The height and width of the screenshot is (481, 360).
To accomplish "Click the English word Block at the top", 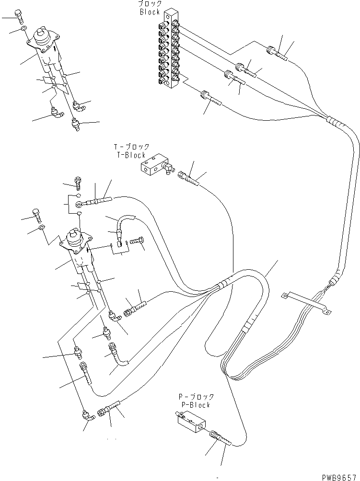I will [x=150, y=12].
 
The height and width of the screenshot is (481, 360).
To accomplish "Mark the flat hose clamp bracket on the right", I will [x=307, y=303].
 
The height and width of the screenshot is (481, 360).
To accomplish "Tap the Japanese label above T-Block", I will [x=131, y=147].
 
